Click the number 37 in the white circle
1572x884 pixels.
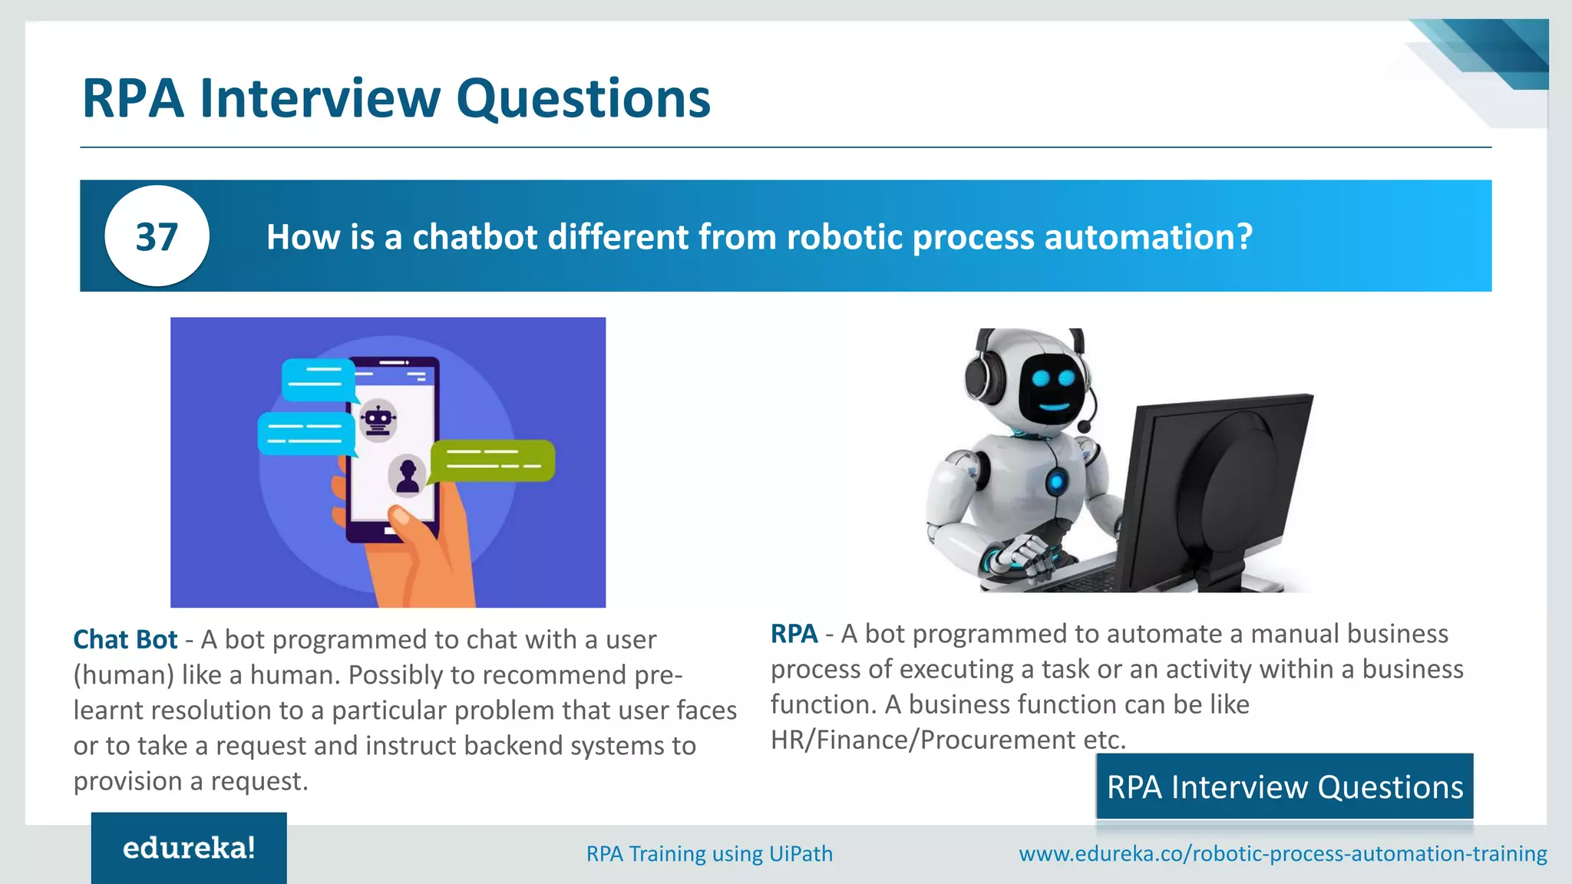tap(157, 236)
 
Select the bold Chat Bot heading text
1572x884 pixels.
tap(125, 639)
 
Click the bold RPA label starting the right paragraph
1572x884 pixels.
tap(794, 634)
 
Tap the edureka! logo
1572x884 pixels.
tap(189, 848)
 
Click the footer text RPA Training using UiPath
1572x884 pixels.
tap(709, 853)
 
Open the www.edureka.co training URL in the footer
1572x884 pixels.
tap(1283, 853)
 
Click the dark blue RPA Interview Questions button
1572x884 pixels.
tap(1284, 787)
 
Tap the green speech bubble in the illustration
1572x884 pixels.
tap(491, 460)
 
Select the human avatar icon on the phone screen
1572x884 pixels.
tap(408, 475)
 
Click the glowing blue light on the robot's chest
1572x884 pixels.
tap(1057, 482)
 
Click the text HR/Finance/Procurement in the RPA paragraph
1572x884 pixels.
tap(923, 740)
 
